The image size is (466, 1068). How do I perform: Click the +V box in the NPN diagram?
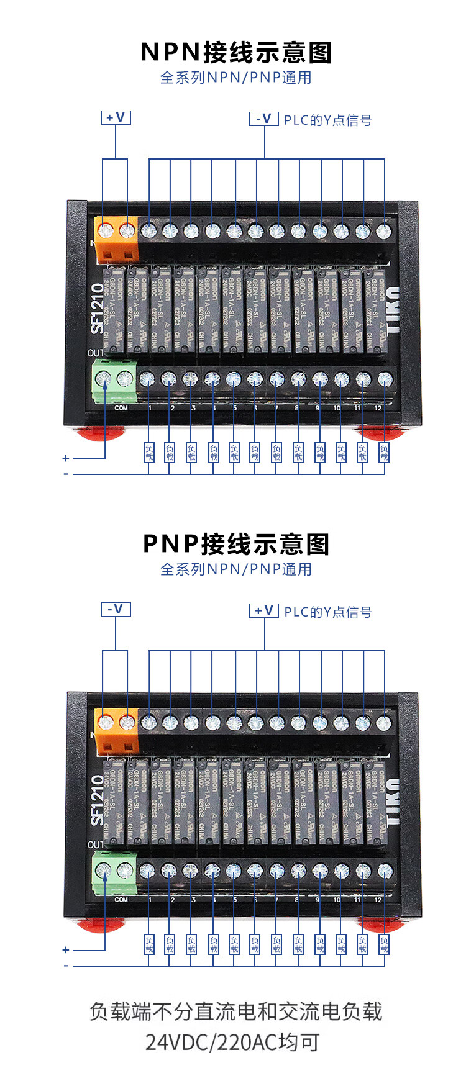point(116,117)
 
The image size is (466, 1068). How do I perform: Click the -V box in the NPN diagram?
point(264,119)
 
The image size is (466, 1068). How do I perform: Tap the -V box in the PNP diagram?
point(116,609)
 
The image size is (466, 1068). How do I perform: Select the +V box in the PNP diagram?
point(264,610)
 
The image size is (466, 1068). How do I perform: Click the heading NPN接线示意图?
point(236,53)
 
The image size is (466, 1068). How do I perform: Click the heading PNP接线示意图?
point(236,545)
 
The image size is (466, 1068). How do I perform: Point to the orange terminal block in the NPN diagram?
point(116,240)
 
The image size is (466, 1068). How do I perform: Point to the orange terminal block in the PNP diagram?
point(116,731)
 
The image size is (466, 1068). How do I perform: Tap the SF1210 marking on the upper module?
point(98,309)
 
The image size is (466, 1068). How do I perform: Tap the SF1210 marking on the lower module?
point(98,800)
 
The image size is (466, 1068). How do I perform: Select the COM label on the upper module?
point(121,408)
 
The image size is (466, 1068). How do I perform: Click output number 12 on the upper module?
point(378,408)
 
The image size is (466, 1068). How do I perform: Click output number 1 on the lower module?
point(150,900)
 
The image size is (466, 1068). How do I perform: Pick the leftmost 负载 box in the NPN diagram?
point(149,452)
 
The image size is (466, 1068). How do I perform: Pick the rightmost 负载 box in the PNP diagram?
point(384,944)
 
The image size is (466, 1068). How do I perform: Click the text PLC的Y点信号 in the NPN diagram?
point(328,120)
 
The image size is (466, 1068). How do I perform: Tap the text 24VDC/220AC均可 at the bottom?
point(232,1043)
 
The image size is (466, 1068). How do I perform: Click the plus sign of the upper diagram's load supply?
point(66,458)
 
